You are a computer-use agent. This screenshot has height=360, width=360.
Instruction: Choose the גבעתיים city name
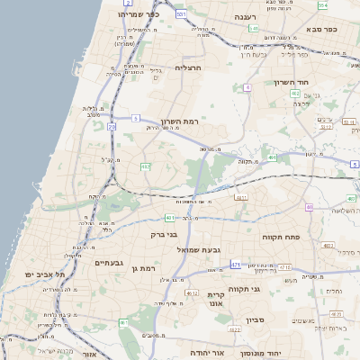pyautogui.click(x=108, y=263)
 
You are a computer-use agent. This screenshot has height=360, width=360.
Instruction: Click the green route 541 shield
pyautogui.click(x=182, y=14)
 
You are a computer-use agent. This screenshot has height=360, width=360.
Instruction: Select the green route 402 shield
pyautogui.click(x=295, y=93)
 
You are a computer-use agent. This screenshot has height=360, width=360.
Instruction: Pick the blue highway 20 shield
pyautogui.click(x=112, y=127)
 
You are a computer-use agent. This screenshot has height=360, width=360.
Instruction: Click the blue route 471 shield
pyautogui.click(x=235, y=265)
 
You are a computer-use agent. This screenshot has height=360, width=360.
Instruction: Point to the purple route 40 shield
pyautogui.click(x=309, y=207)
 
